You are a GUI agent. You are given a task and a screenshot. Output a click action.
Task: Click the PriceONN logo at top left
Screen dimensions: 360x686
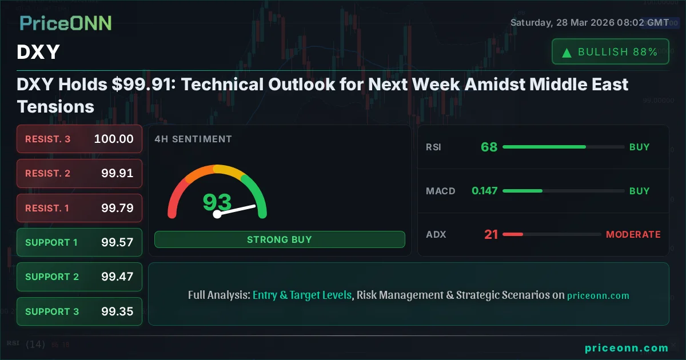(x=65, y=23)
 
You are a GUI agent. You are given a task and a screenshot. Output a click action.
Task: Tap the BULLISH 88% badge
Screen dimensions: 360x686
(x=610, y=52)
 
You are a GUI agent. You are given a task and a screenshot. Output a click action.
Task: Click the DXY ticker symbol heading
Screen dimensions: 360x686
(x=38, y=53)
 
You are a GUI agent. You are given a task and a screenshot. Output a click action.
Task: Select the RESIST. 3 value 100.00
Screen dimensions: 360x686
(x=114, y=139)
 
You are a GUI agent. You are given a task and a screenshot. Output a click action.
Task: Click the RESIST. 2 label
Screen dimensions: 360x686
(x=47, y=174)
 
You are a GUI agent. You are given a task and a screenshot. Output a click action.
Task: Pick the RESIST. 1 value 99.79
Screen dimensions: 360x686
(x=117, y=208)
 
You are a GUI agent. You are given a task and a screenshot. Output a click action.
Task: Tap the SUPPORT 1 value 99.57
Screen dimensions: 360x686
(x=117, y=242)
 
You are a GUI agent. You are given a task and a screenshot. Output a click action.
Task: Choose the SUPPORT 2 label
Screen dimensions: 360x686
(x=52, y=277)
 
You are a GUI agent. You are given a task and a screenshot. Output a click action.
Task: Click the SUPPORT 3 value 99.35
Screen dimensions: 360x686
(x=117, y=311)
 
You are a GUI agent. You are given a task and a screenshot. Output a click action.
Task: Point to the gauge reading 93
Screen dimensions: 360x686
(x=217, y=202)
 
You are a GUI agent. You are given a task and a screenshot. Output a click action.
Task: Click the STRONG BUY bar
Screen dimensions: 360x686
(x=279, y=239)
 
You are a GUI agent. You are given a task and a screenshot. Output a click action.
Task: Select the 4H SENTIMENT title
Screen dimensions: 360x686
(x=193, y=139)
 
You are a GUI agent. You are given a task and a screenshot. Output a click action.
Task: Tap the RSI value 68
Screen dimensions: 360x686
(x=489, y=147)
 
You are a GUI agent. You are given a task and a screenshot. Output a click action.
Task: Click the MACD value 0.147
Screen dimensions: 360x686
(x=484, y=191)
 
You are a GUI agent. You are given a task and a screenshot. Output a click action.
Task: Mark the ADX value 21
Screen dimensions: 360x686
(x=491, y=234)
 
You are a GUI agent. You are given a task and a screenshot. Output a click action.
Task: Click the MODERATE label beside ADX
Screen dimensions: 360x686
(x=633, y=234)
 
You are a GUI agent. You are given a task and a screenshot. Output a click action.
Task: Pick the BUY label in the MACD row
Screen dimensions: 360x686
(x=639, y=191)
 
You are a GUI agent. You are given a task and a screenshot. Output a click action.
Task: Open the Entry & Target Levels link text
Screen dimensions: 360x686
(x=302, y=295)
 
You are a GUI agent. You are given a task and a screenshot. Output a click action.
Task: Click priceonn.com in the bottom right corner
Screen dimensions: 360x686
(x=626, y=348)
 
